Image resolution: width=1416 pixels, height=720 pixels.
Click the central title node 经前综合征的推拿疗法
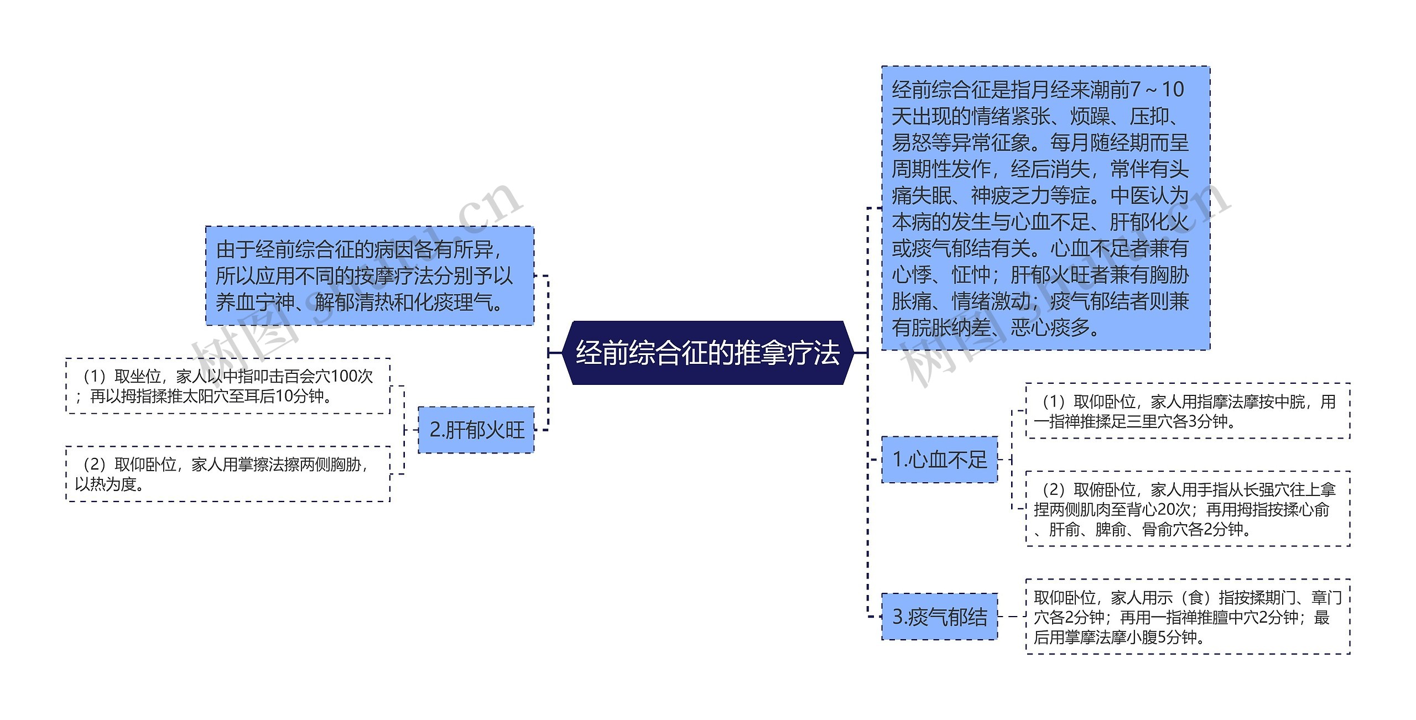[x=708, y=353]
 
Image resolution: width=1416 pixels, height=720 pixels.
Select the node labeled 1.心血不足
[x=939, y=460]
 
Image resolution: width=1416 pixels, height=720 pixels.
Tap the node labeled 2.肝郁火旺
[x=476, y=430]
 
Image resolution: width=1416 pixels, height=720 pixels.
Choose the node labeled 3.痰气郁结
[x=939, y=617]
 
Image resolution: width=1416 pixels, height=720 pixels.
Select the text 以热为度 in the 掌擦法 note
[x=105, y=484]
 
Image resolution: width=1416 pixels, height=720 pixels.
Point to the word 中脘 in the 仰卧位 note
[x=1289, y=401]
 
